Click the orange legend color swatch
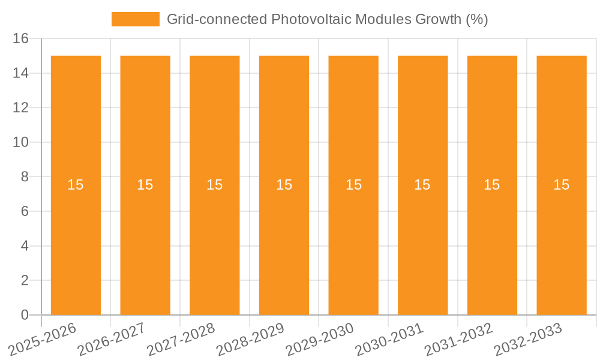(136, 19)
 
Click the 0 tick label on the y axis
(25, 315)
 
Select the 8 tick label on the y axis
(25, 177)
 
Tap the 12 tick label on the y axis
(21, 108)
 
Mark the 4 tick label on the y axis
(25, 246)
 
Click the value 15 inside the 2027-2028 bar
(214, 185)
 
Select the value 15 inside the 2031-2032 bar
(492, 185)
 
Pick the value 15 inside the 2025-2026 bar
(76, 185)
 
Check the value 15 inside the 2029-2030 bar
(353, 185)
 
